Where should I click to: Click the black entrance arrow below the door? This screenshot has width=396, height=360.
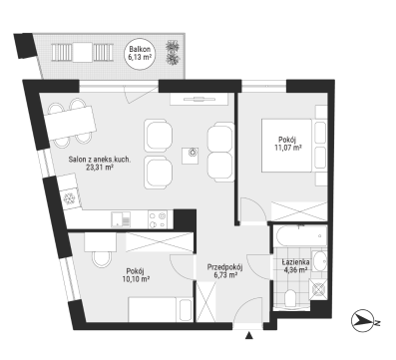248,336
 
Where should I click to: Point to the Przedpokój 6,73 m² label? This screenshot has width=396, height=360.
224,270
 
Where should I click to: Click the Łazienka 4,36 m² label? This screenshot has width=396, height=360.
295,266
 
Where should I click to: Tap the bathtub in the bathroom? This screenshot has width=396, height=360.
301,235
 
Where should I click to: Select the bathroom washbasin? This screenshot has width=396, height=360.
320,261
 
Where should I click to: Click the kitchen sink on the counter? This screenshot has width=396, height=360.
121,219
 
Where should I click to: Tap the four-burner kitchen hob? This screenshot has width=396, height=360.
158,219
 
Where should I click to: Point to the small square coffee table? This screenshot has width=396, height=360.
191,156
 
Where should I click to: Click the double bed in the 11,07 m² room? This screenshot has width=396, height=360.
286,146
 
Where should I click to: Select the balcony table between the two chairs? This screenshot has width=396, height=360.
83,53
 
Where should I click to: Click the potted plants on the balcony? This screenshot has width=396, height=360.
173,52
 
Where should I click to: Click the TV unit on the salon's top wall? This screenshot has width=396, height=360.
198,99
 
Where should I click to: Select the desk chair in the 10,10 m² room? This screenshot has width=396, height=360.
102,258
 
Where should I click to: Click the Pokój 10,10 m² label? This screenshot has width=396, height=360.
136,275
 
